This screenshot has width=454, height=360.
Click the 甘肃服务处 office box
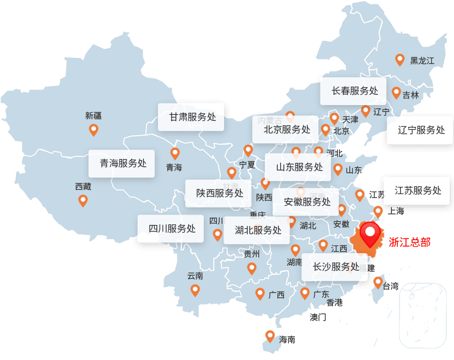[191, 117]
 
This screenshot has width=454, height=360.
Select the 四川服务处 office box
[171, 229]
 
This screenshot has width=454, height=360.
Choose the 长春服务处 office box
[353, 90]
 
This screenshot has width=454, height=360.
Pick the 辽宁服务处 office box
[420, 130]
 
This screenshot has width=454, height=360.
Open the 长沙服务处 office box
[335, 267]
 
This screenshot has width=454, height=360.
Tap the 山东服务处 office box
[298, 167]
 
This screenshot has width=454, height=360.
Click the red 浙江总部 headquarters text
[409, 242]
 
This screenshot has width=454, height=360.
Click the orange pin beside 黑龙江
[399, 59]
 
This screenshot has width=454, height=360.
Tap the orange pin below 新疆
[93, 130]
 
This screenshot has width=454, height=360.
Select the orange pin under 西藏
[83, 200]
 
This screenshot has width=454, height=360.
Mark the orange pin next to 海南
[270, 336]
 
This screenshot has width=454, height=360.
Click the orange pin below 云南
[195, 290]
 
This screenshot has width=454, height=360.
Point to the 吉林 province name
[411, 95]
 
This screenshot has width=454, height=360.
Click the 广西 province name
[276, 295]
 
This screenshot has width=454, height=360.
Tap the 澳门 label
[318, 317]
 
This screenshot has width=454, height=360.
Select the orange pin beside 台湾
[378, 282]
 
